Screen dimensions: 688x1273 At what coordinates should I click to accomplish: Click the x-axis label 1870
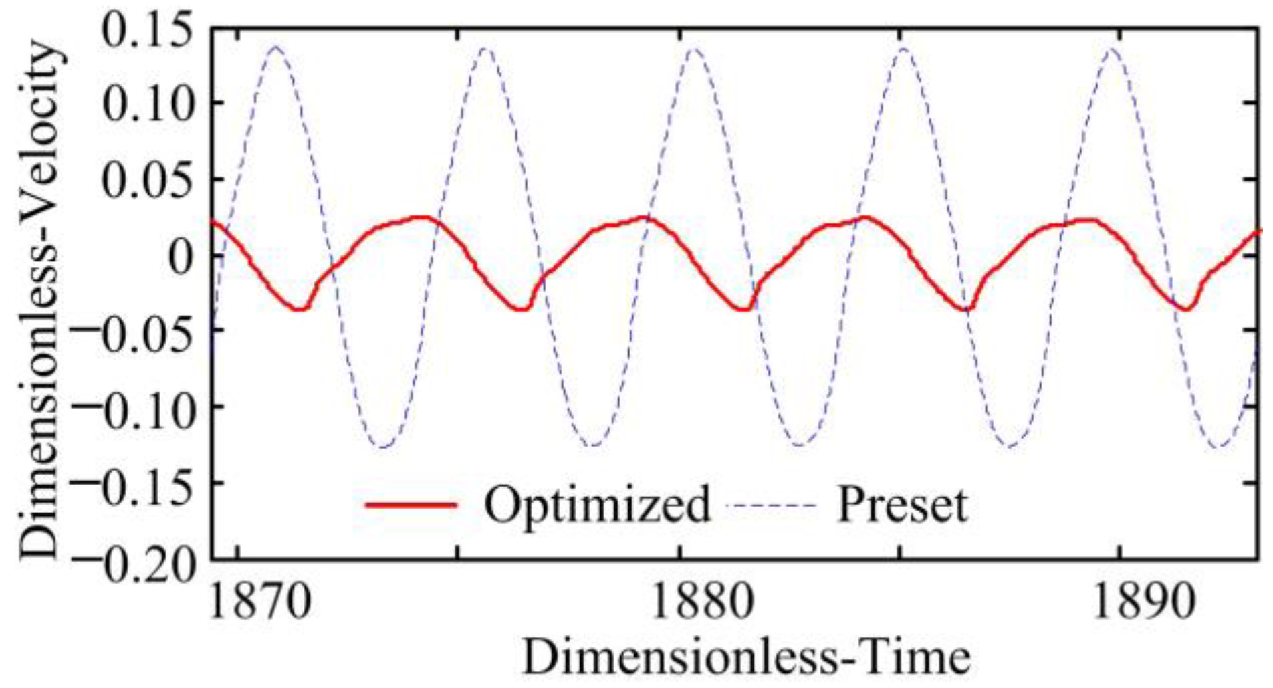tap(260, 601)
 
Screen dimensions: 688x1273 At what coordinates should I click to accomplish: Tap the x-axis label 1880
tap(701, 601)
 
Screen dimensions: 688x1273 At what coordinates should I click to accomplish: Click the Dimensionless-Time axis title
tap(745, 659)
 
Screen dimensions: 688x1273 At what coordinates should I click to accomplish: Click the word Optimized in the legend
tap(596, 505)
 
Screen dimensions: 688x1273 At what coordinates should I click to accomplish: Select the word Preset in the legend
tap(902, 505)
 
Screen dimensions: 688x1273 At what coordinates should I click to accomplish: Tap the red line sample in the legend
tap(411, 505)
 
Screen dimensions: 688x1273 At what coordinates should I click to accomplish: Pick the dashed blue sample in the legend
tap(772, 505)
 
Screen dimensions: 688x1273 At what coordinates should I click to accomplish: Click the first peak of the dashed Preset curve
tap(275, 47)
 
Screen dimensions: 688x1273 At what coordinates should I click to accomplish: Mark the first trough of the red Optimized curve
tap(300, 309)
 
